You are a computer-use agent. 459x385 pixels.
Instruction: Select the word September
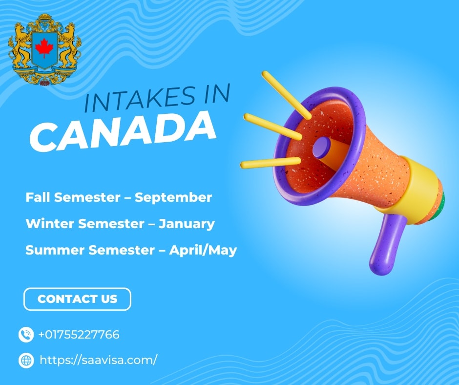[x=173, y=197]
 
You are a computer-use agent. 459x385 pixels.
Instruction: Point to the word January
[x=187, y=224]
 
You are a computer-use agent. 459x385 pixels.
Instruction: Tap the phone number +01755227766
[x=79, y=335]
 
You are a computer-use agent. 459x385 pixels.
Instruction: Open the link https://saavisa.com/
[x=98, y=360]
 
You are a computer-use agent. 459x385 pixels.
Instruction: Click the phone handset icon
[x=26, y=335]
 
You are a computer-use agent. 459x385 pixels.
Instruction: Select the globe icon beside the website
[x=26, y=361]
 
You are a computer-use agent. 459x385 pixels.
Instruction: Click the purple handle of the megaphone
[x=385, y=244]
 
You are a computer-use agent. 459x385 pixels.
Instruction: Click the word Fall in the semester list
[x=38, y=197]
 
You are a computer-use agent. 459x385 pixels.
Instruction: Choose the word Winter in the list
[x=50, y=224]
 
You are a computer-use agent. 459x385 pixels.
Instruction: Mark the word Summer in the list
[x=55, y=250]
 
